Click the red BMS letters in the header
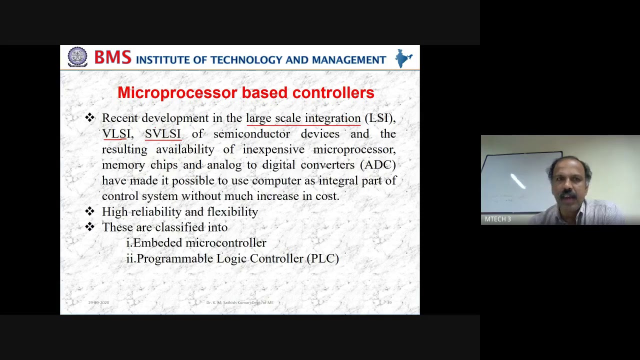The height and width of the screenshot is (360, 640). (x=112, y=57)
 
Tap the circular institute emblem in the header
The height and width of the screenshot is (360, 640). (x=77, y=57)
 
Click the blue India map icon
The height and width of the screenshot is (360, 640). (x=403, y=58)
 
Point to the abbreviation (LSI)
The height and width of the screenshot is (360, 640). (x=379, y=118)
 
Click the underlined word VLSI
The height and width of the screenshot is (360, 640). (x=116, y=134)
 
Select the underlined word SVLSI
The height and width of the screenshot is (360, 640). (x=162, y=134)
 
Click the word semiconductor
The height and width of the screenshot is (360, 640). (x=251, y=134)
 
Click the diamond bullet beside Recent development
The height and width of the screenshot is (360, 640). (x=90, y=118)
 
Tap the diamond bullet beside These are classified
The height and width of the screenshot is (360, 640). (x=90, y=227)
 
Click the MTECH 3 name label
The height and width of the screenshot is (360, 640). (x=497, y=219)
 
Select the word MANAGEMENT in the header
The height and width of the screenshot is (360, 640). (x=348, y=60)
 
